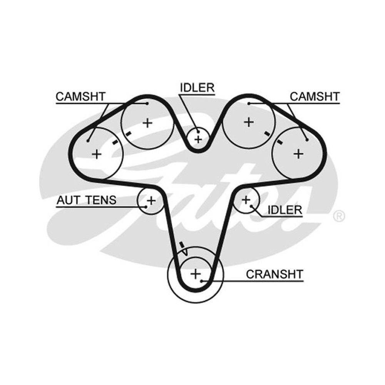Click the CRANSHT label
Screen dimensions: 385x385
pyautogui.click(x=275, y=274)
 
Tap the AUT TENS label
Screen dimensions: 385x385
pyautogui.click(x=86, y=200)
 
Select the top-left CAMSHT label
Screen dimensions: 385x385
pyautogui.click(x=80, y=97)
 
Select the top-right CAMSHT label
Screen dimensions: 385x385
pyautogui.click(x=315, y=97)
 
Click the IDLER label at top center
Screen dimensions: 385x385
pyautogui.click(x=197, y=88)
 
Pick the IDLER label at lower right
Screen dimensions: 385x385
pyautogui.click(x=285, y=210)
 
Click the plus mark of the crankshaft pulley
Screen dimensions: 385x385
pyautogui.click(x=196, y=274)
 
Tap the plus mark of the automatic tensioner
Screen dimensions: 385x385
pyautogui.click(x=151, y=201)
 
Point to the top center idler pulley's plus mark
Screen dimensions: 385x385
pyautogui.click(x=198, y=139)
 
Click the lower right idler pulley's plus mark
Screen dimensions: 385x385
pyautogui.click(x=246, y=199)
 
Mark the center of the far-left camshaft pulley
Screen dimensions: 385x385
pyautogui.click(x=97, y=154)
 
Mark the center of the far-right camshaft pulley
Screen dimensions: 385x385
pyautogui.click(x=299, y=154)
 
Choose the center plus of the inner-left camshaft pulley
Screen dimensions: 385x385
pyautogui.click(x=147, y=123)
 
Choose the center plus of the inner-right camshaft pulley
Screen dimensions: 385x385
pyautogui.click(x=249, y=122)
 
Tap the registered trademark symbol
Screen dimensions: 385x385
pyautogui.click(x=339, y=216)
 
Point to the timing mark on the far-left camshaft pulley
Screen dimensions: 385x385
pyautogui.click(x=115, y=142)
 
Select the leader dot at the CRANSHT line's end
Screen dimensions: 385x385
pyautogui.click(x=201, y=281)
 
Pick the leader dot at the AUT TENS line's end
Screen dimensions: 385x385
pyautogui.click(x=146, y=207)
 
